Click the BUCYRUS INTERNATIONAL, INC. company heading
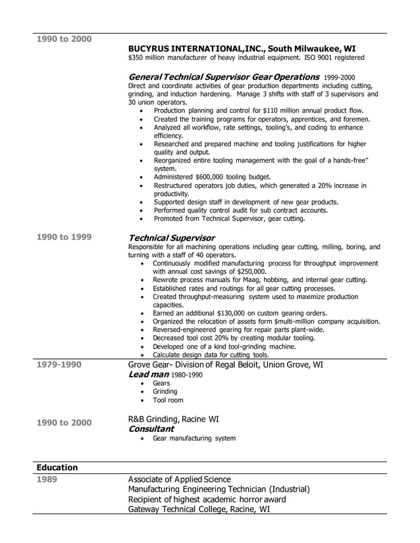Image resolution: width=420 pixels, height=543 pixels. tap(242, 49)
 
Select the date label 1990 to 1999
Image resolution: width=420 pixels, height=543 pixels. tap(64, 237)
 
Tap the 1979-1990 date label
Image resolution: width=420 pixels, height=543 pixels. tap(59, 364)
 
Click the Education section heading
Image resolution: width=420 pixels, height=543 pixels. tap(57, 467)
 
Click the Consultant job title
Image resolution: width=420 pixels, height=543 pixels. tap(151, 429)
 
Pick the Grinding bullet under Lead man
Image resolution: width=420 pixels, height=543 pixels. tap(165, 391)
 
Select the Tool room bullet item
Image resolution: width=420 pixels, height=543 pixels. tap(168, 400)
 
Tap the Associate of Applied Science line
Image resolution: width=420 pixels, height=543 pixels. tap(179, 479)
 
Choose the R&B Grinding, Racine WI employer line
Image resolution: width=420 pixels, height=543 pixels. tap(173, 418)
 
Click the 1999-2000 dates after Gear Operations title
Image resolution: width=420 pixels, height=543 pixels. tap(339, 77)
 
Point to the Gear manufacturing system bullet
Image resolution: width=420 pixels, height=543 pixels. tap(194, 438)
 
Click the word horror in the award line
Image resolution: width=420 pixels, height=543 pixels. tap(246, 499)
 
